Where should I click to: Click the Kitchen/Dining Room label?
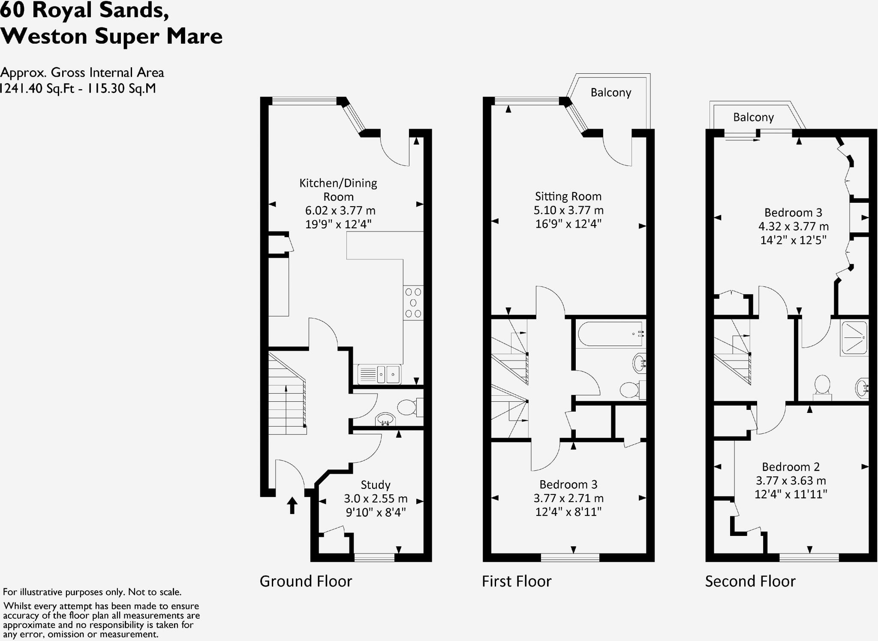point(338,190)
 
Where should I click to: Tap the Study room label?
point(376,485)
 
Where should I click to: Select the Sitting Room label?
point(568,196)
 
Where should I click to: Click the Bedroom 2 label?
point(791,467)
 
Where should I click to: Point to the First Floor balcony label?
point(610,93)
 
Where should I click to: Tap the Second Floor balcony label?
point(753,117)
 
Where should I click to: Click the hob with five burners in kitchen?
point(413,303)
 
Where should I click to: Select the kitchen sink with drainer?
point(379,374)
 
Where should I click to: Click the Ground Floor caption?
point(306,581)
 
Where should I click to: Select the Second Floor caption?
point(750,581)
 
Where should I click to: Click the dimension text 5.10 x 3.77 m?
point(568,210)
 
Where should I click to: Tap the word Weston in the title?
point(44,36)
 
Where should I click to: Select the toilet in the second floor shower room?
point(822,386)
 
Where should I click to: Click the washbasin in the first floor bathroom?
point(640,364)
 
